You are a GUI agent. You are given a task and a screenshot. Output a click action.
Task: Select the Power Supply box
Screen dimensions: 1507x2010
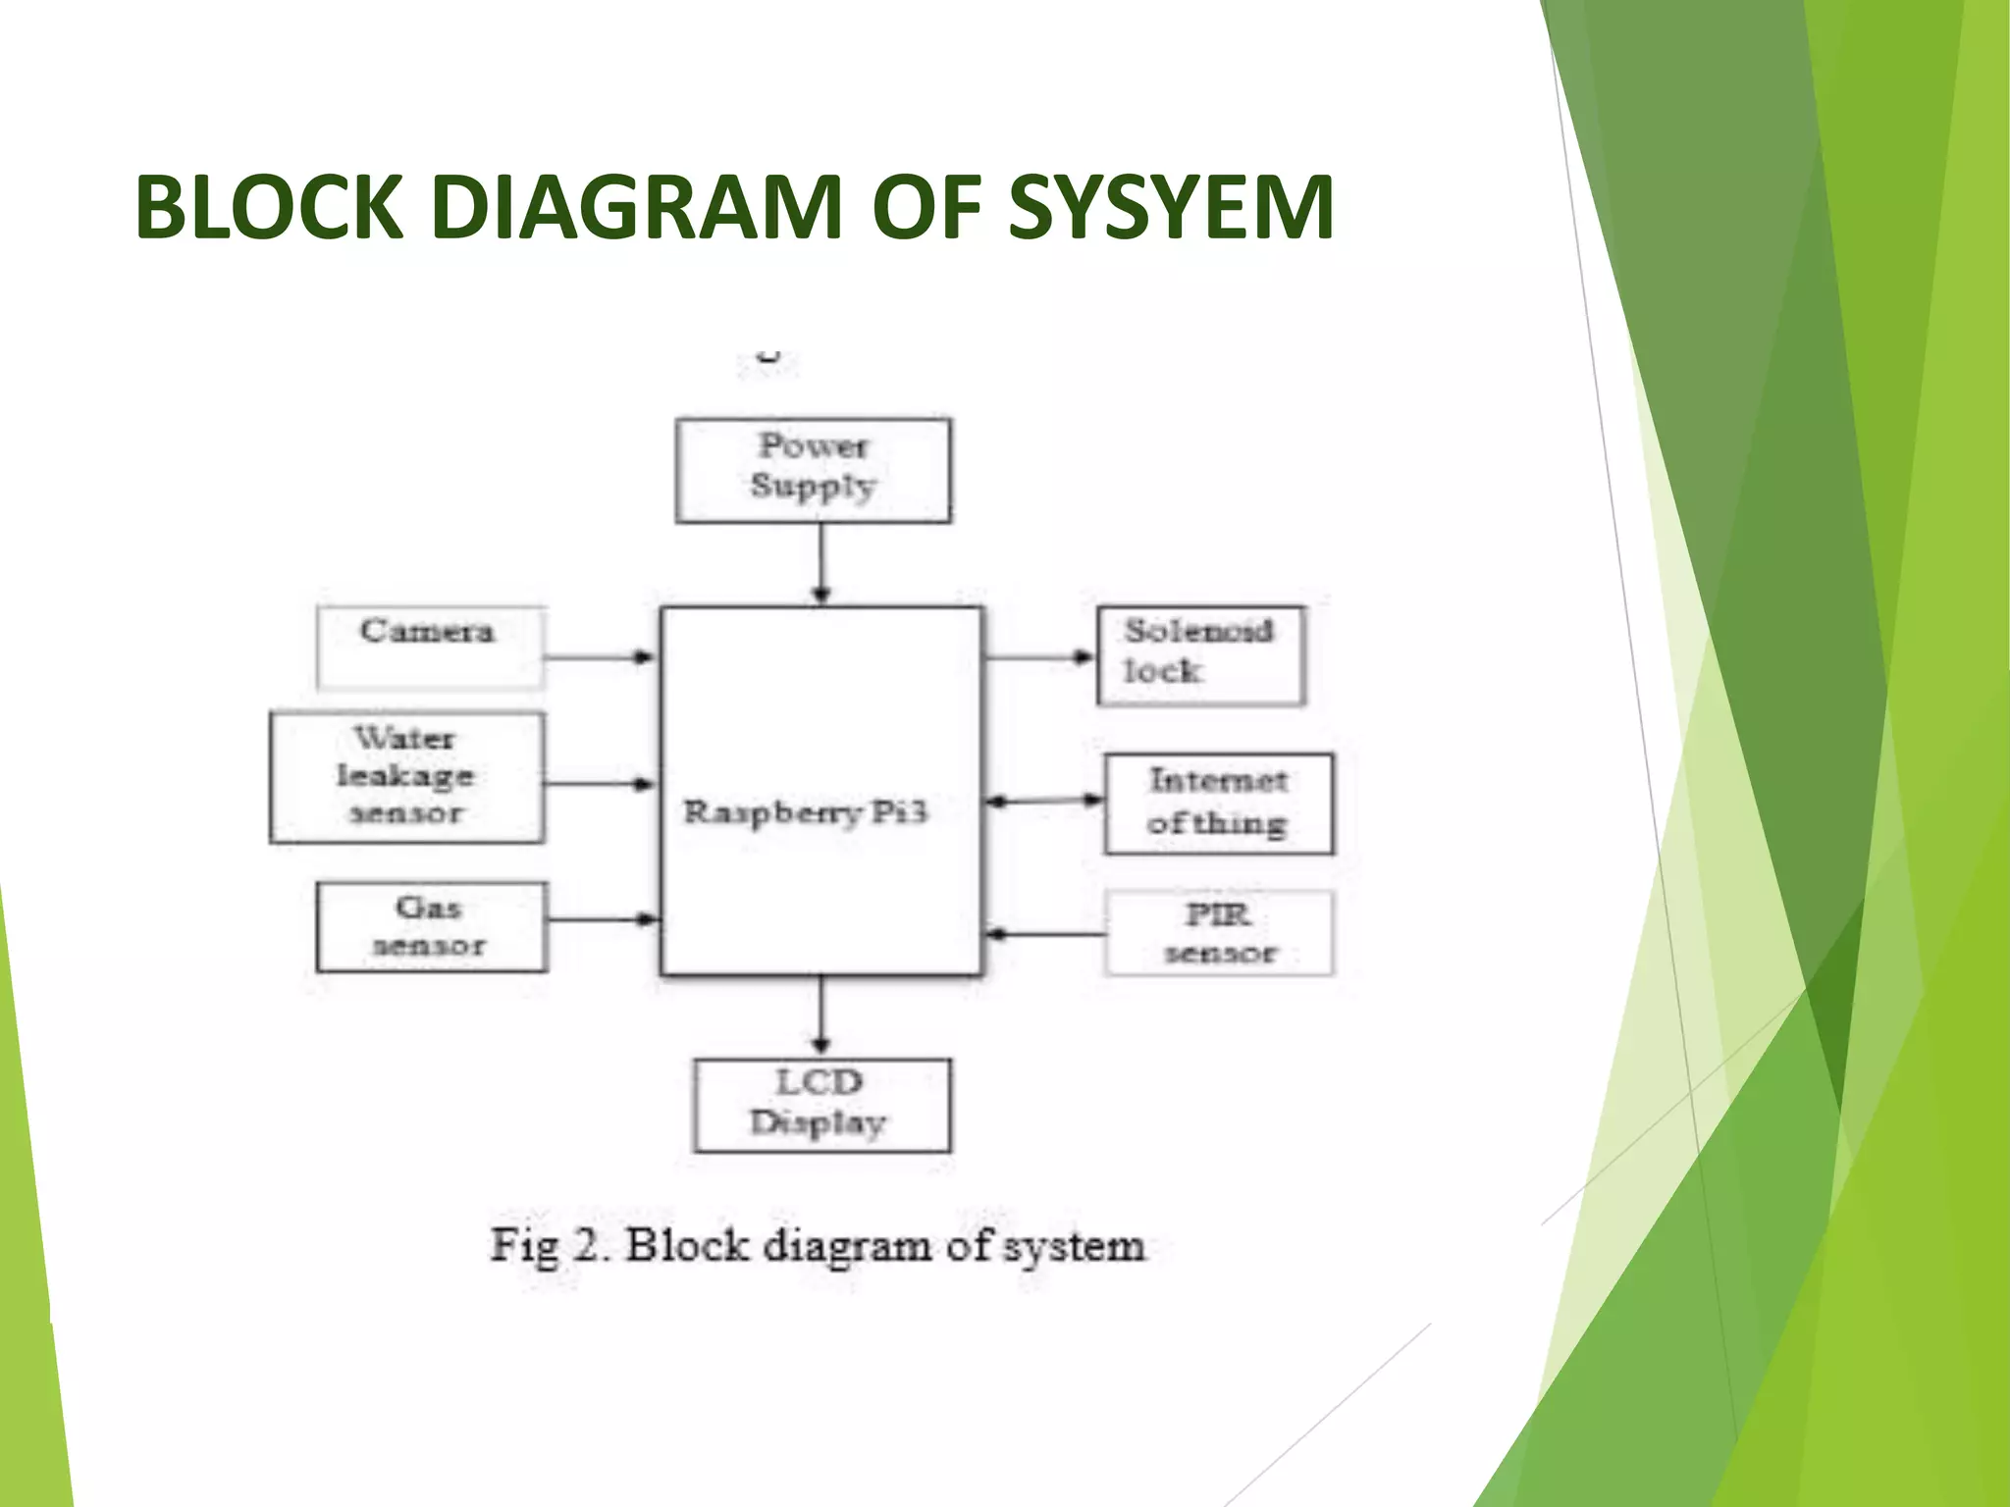tap(813, 470)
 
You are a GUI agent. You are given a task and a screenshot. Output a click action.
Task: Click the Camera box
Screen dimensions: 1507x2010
tap(430, 648)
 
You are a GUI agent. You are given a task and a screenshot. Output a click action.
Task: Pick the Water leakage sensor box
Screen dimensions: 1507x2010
tap(406, 777)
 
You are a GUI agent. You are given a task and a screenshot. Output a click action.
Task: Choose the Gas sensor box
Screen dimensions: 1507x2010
tap(431, 927)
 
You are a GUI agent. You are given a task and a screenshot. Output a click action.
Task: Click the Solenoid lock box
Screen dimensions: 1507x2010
tap(1200, 655)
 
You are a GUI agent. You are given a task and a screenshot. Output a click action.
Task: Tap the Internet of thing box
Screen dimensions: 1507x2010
tap(1218, 804)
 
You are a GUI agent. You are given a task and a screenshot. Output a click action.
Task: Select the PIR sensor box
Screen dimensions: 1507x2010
tap(1218, 933)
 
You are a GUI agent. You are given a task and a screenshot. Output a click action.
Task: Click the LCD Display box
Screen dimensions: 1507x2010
tap(820, 1105)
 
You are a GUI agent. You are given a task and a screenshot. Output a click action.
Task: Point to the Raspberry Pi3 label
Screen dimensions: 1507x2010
tap(805, 812)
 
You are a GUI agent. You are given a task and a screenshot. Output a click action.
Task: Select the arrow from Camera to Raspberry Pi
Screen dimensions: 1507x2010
tap(600, 656)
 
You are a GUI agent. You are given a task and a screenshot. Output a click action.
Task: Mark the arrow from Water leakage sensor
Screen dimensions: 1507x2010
tap(600, 783)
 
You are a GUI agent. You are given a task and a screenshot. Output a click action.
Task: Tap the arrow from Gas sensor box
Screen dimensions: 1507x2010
tap(602, 919)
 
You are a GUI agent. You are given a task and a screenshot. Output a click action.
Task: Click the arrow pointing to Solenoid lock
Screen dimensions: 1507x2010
tap(1038, 657)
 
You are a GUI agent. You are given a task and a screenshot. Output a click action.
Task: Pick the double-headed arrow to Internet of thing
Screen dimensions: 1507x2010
tap(1043, 801)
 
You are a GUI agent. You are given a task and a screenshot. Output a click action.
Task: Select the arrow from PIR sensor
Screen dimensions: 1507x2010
tap(1043, 934)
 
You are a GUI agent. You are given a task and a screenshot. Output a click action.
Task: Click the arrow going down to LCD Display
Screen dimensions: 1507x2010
tap(821, 1015)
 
